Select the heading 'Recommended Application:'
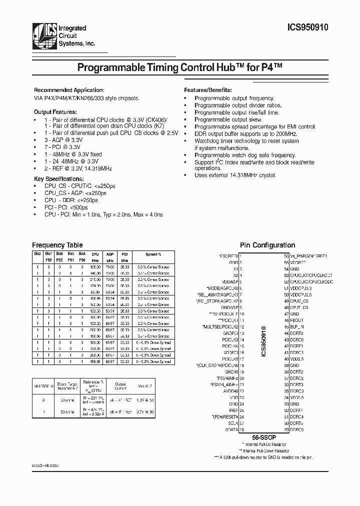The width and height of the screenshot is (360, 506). [68, 89]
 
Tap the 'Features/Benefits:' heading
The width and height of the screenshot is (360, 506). [207, 89]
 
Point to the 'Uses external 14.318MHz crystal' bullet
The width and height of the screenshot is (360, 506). [235, 175]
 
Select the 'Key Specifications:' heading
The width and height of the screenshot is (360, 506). [58, 178]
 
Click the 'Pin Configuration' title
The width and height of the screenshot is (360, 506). [267, 245]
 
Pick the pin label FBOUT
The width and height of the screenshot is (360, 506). [297, 319]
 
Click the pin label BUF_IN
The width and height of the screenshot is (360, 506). [297, 326]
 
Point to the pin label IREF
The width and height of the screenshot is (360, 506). [233, 410]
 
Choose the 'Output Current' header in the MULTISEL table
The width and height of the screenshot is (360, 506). [120, 386]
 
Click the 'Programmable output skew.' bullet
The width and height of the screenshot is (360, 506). [228, 120]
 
